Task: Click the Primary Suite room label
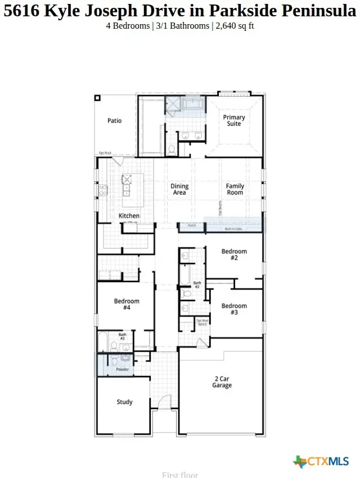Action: tap(234, 120)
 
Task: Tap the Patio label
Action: tap(114, 120)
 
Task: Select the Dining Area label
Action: tap(179, 190)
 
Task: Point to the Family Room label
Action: tap(235, 190)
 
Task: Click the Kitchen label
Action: tap(129, 216)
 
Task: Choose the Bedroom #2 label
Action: tap(234, 254)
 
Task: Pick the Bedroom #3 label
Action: tap(234, 309)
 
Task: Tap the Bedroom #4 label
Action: tap(127, 304)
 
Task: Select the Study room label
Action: tap(124, 402)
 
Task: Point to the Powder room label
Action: tap(122, 369)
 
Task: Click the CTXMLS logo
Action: tap(321, 462)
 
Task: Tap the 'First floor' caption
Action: tap(180, 475)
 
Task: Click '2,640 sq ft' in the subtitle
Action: tap(235, 26)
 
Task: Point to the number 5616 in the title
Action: tap(21, 10)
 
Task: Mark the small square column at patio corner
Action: tap(97, 98)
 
